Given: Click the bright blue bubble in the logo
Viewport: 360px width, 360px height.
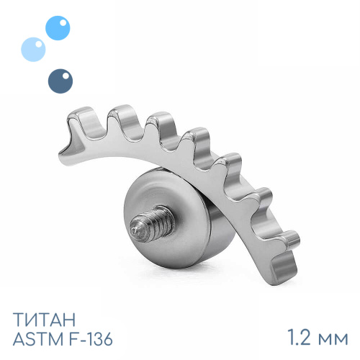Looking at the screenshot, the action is (58, 28).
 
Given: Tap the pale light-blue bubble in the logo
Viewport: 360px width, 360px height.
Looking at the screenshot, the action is (33, 50).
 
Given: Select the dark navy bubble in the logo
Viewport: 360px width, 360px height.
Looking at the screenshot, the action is (60, 81).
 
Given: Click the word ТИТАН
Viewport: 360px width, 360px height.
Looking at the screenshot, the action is (44, 320).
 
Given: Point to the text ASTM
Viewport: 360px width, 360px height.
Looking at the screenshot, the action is (37, 339).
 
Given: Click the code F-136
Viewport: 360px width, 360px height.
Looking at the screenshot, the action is (89, 339).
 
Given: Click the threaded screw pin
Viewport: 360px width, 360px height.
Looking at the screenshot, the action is (152, 223).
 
